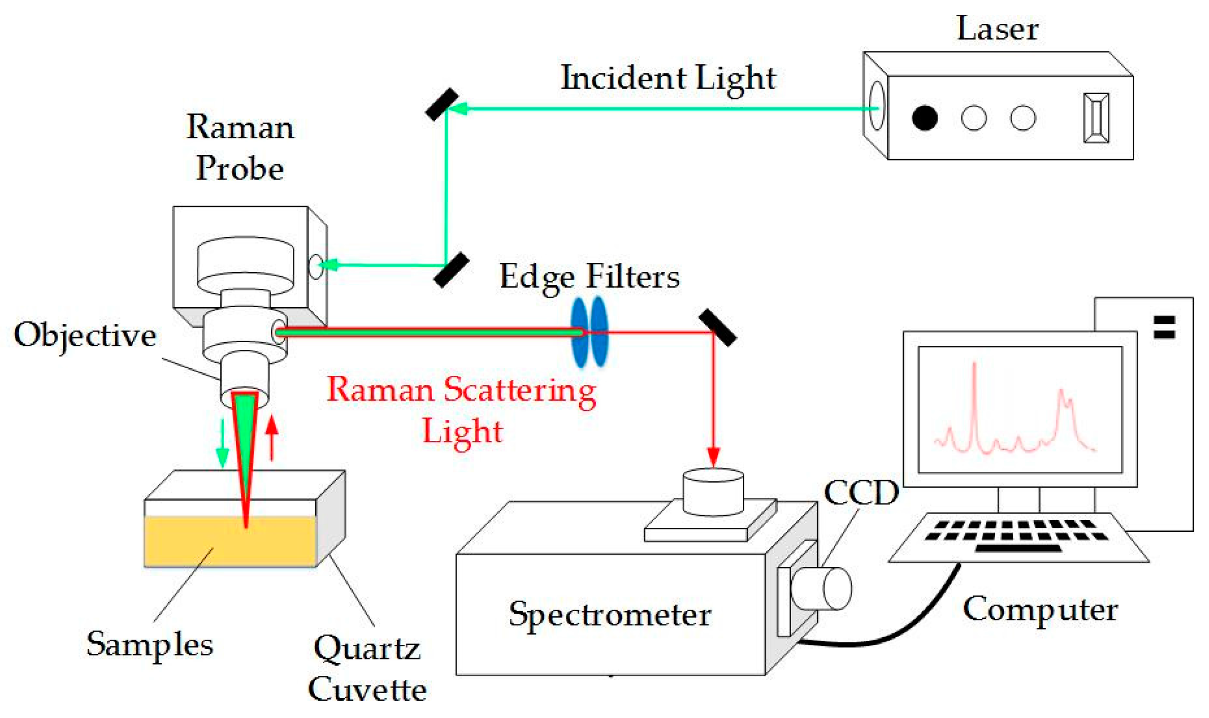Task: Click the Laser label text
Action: [x=997, y=28]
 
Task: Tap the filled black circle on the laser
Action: [x=924, y=118]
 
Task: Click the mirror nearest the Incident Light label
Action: [x=442, y=105]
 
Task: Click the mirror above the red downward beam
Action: [x=717, y=328]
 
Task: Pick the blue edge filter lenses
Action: [x=589, y=332]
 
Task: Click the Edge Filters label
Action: [x=589, y=277]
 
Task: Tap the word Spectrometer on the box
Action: [x=610, y=615]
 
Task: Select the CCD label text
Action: [x=861, y=493]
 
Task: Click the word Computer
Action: [x=1040, y=609]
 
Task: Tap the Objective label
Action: [x=85, y=335]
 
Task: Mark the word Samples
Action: [x=149, y=645]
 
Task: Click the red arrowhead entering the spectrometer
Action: [x=713, y=456]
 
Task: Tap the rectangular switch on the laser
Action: [x=1096, y=118]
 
